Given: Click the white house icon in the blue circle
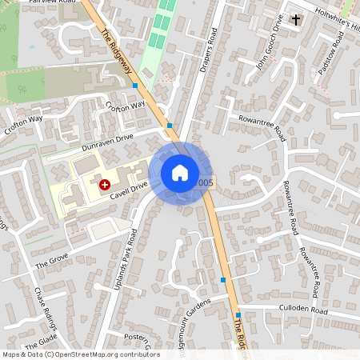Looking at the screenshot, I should coord(180,173).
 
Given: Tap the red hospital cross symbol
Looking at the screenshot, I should coord(104,184).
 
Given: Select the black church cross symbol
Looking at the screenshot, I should coord(295,18).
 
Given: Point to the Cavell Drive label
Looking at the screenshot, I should coord(129,186).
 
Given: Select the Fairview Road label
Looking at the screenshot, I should coord(51,2).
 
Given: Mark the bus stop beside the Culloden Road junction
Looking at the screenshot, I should coord(238,315).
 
